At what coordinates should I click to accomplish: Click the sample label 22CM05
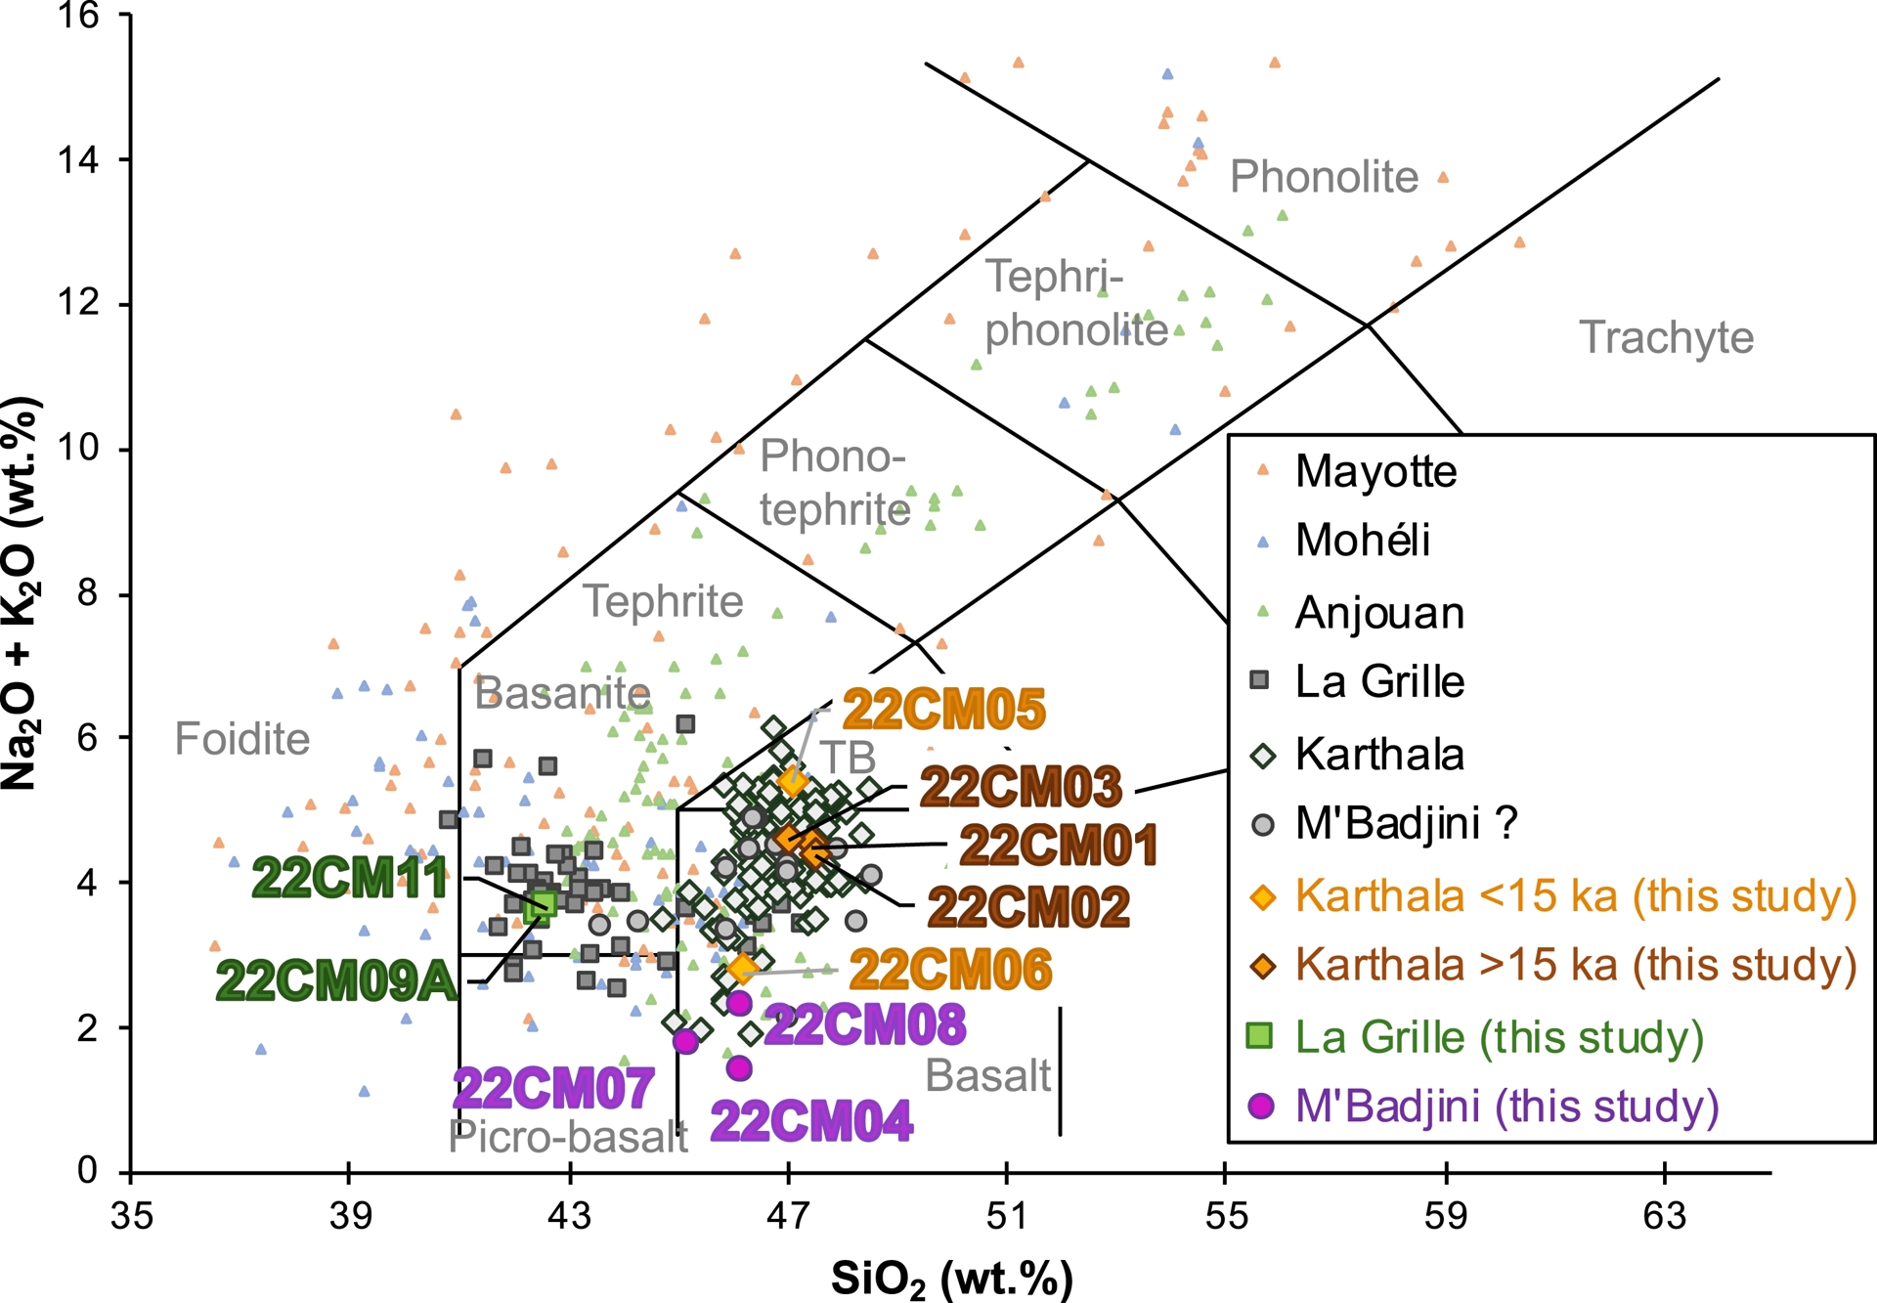click(x=943, y=710)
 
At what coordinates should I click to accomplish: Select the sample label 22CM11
click(x=350, y=878)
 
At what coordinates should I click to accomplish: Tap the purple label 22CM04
click(x=811, y=1121)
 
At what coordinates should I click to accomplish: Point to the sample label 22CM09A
click(x=336, y=980)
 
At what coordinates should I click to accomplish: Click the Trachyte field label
click(x=1666, y=337)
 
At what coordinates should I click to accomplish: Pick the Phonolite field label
click(x=1324, y=177)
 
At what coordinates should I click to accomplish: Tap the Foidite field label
click(x=241, y=739)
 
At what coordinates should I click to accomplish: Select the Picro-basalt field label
click(x=568, y=1137)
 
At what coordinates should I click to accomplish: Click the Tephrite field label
click(x=663, y=601)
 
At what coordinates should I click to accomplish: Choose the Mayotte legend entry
click(x=1375, y=471)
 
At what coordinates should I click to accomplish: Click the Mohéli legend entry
click(x=1362, y=540)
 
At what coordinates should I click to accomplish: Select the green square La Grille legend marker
click(x=1260, y=1035)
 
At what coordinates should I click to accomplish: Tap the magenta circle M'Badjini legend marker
click(x=1261, y=1106)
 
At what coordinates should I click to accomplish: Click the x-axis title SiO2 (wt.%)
click(x=951, y=1279)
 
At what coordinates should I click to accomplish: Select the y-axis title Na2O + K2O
click(x=20, y=594)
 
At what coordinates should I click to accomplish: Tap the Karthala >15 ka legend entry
click(x=1575, y=965)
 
